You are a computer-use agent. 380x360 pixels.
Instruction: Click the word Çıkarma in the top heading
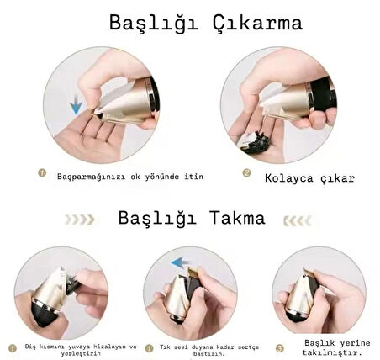click(x=257, y=24)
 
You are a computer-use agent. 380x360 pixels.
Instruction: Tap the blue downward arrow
click(x=76, y=104)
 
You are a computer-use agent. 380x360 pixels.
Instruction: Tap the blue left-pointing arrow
click(x=181, y=263)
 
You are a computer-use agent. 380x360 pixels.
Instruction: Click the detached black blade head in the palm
click(x=256, y=143)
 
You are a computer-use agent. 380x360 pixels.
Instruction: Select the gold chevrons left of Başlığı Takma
click(x=79, y=220)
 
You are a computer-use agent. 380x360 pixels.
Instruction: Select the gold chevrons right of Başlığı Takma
click(x=298, y=221)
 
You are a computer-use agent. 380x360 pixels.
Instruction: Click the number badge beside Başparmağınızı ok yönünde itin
click(x=42, y=172)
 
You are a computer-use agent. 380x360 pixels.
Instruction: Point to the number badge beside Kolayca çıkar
click(x=246, y=172)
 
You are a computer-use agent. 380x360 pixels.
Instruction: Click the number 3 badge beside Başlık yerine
click(x=279, y=348)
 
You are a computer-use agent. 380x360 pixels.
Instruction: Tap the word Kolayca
click(x=288, y=178)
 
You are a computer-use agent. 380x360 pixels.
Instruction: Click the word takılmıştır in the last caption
click(x=331, y=352)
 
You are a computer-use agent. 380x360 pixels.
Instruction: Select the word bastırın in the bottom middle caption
click(x=208, y=354)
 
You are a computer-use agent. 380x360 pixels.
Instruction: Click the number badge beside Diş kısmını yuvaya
click(x=13, y=348)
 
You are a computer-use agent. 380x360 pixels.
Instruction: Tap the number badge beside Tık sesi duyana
click(x=149, y=348)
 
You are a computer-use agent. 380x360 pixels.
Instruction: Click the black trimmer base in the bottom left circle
click(x=45, y=314)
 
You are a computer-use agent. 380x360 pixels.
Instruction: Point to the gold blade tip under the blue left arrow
click(x=193, y=271)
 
